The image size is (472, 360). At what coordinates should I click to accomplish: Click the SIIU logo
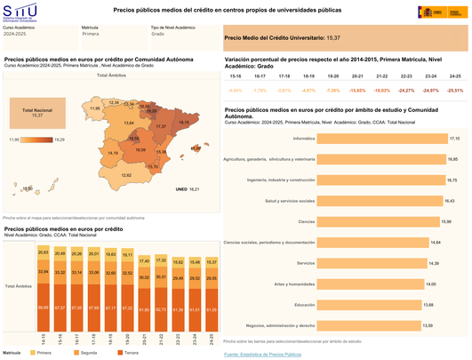point(20,11)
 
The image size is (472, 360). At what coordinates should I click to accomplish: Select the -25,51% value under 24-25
point(454,90)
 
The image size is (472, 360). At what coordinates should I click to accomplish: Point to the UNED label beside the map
point(181,189)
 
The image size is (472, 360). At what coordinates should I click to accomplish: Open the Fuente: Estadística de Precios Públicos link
point(262,353)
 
